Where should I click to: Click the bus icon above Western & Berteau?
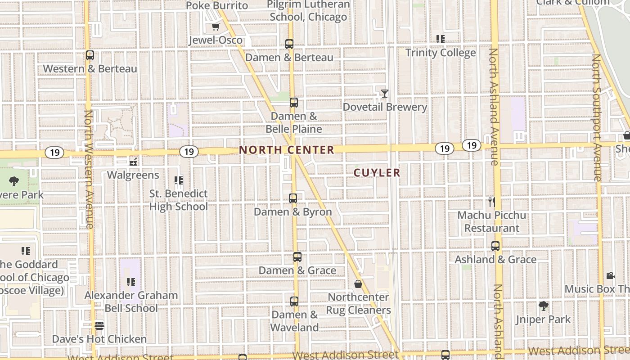90,55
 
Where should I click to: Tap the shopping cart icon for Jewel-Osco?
216,27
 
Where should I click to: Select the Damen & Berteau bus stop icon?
289,44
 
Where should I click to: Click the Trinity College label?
441,53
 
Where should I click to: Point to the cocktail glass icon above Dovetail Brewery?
384,94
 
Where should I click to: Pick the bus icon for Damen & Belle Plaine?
294,103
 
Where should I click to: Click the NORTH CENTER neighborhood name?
287,150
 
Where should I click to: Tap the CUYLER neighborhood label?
377,173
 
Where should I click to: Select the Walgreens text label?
133,175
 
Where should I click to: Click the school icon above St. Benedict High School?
179,180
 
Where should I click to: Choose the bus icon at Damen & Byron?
293,198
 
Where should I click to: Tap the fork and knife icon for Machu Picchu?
491,202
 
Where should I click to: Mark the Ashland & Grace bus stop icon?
495,246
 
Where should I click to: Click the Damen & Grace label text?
297,270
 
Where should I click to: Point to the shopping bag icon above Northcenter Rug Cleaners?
358,284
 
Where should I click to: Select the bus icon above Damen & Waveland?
294,301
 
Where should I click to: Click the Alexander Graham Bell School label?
131,301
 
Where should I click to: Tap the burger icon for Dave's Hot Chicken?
99,325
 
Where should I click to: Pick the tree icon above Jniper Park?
544,306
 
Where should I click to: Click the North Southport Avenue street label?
597,118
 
